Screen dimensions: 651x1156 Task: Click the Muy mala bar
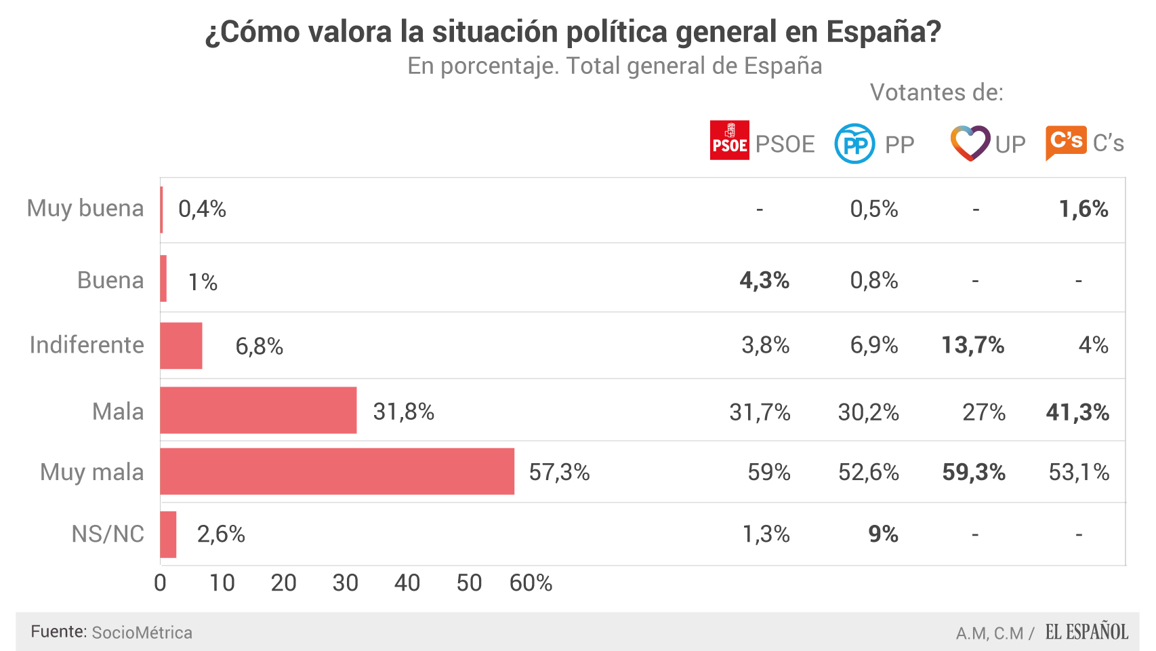pyautogui.click(x=337, y=471)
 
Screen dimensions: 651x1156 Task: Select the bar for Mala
pyautogui.click(x=258, y=410)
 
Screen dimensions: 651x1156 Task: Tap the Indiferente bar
pyautogui.click(x=181, y=346)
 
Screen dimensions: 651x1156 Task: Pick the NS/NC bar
pyautogui.click(x=168, y=534)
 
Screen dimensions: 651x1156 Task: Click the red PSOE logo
pyautogui.click(x=729, y=140)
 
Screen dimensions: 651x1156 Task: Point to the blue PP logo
pyautogui.click(x=854, y=144)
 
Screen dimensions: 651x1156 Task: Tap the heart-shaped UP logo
pyautogui.click(x=970, y=143)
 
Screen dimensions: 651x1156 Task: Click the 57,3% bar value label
pyautogui.click(x=559, y=472)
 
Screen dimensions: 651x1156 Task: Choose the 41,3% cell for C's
pyautogui.click(x=1077, y=412)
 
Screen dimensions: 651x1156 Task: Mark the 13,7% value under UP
pyautogui.click(x=972, y=345)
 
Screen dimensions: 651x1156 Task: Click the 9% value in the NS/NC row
pyautogui.click(x=883, y=534)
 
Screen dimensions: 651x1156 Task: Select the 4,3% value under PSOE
pyautogui.click(x=764, y=280)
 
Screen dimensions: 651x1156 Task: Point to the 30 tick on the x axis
pyautogui.click(x=345, y=583)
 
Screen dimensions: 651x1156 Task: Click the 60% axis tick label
pyautogui.click(x=531, y=583)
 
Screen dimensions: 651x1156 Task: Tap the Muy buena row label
pyautogui.click(x=85, y=208)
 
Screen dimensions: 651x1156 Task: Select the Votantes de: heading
pyautogui.click(x=936, y=92)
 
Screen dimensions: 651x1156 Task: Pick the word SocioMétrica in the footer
pyautogui.click(x=142, y=633)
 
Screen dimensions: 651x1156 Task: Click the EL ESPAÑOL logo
pyautogui.click(x=1086, y=632)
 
